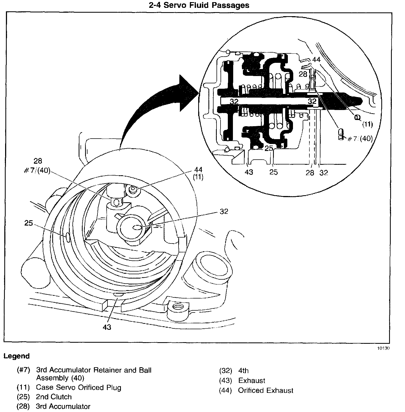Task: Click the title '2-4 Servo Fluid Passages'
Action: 199,5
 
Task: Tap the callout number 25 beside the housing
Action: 29,223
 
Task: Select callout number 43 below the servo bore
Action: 107,327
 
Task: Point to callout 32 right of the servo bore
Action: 224,211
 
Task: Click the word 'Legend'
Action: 16,356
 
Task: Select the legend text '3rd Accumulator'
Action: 63,406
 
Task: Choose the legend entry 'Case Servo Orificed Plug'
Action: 79,387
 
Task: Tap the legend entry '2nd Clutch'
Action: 54,397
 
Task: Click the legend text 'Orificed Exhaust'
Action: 266,390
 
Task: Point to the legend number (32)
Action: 225,371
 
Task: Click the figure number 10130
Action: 383,348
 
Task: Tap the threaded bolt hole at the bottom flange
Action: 177,307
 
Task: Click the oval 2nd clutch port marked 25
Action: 67,237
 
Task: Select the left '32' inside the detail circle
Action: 234,101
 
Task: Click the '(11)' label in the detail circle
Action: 367,124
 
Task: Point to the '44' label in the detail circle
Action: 316,59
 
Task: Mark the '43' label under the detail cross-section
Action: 249,172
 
